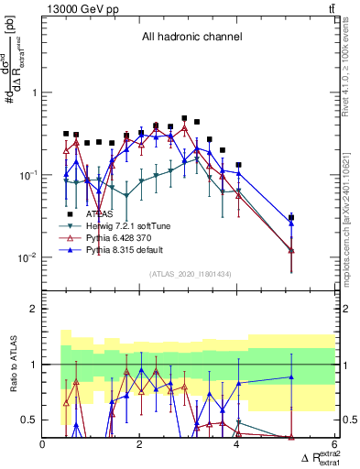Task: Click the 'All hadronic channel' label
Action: tap(191, 38)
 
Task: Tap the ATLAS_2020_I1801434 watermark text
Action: tap(191, 275)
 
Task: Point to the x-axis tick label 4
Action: tap(237, 444)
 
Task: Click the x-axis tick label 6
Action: tap(334, 444)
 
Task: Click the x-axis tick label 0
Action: tap(43, 444)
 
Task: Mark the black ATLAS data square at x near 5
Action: tap(291, 218)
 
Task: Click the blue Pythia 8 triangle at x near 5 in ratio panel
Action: tap(291, 376)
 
